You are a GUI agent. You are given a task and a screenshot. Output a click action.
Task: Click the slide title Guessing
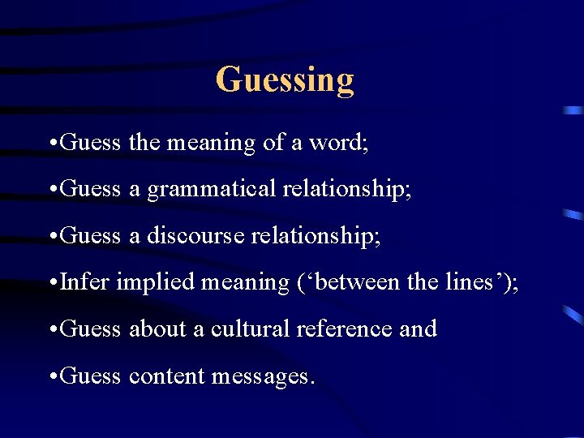tap(285, 80)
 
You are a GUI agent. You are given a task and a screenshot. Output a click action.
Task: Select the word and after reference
tap(419, 328)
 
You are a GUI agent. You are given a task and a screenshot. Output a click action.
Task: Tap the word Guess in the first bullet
tap(90, 143)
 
